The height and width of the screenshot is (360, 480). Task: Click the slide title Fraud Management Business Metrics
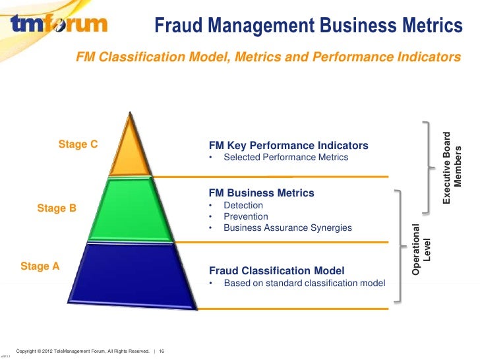[308, 26]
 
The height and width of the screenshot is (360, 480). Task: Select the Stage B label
[57, 209]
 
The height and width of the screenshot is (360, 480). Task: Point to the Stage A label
[40, 266]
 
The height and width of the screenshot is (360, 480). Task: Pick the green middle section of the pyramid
[136, 210]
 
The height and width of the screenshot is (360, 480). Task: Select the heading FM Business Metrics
[261, 193]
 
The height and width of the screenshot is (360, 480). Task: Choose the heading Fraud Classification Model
[276, 271]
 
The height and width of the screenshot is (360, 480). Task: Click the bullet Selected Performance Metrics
[285, 158]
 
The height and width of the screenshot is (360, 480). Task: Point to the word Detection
[243, 206]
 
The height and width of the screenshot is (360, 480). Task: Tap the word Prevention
[245, 217]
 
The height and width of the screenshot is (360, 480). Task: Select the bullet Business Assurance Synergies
[287, 228]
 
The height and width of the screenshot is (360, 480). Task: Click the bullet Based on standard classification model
[304, 284]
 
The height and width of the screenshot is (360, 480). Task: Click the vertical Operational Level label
[421, 249]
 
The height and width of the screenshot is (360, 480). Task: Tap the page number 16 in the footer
[162, 350]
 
